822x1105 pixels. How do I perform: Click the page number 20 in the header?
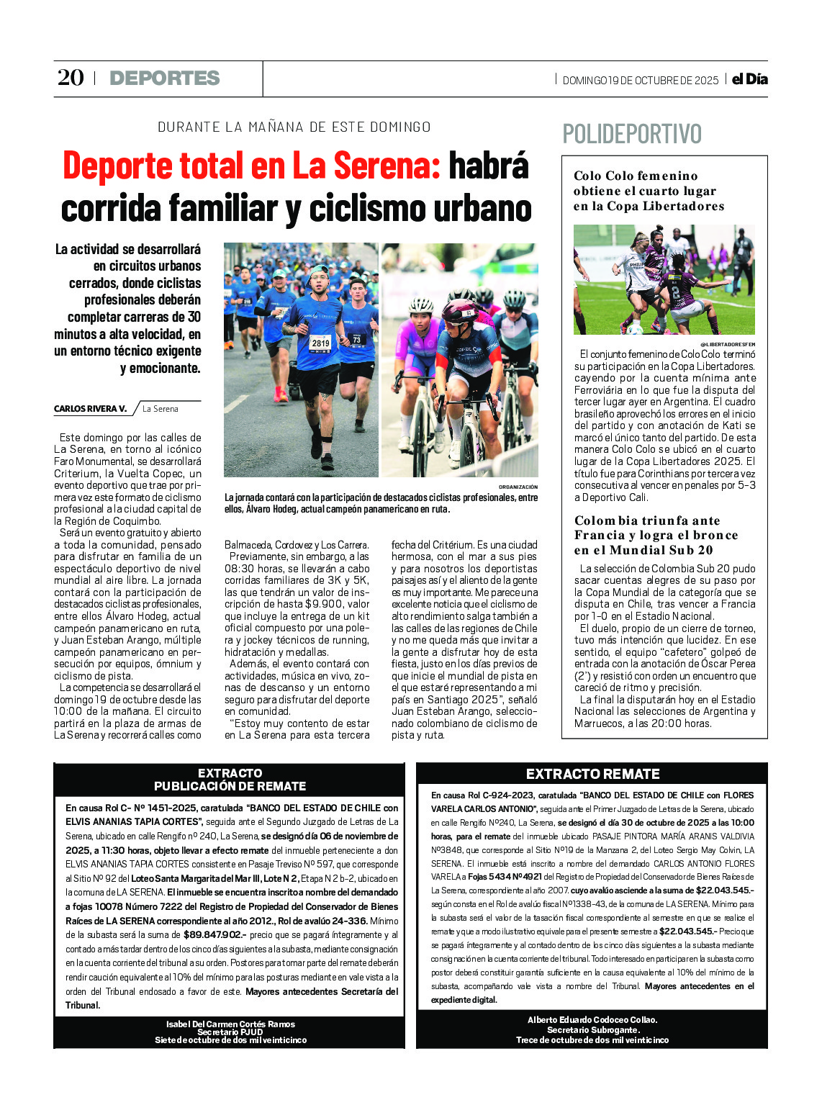click(71, 78)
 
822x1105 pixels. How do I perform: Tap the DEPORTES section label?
click(164, 78)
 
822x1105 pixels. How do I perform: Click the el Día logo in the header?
click(749, 79)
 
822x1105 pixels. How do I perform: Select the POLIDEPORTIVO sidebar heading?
click(631, 134)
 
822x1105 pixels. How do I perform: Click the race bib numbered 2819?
click(320, 343)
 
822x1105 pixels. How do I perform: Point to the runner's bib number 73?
click(356, 339)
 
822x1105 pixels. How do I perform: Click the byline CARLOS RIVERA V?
click(90, 409)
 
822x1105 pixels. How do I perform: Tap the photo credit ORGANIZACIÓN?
click(518, 487)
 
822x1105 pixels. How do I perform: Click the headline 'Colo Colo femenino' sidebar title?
click(636, 176)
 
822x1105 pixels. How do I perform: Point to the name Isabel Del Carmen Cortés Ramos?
click(230, 1024)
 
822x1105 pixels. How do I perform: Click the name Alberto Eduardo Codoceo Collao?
click(592, 1019)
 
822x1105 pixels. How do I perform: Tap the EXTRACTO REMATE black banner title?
click(592, 774)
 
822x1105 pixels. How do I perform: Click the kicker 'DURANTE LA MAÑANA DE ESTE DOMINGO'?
click(294, 127)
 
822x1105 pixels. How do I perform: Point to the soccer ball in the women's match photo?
click(634, 330)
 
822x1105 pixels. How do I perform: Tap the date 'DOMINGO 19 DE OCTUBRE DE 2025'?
click(640, 81)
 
